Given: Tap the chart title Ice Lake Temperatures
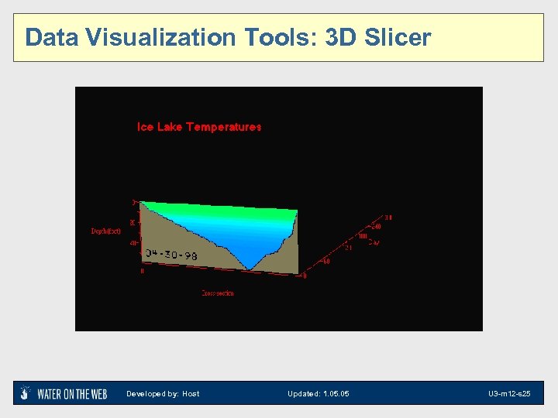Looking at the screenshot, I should pyautogui.click(x=199, y=127).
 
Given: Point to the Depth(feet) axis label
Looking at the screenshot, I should pyautogui.click(x=106, y=231).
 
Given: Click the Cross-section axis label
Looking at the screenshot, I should pyautogui.click(x=218, y=293).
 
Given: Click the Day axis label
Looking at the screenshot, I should pyautogui.click(x=374, y=242).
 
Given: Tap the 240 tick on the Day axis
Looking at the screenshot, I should pyautogui.click(x=376, y=227).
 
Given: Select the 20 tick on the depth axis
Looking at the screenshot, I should pyautogui.click(x=133, y=222).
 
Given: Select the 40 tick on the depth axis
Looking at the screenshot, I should pyautogui.click(x=133, y=243).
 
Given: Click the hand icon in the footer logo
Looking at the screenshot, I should pyautogui.click(x=26, y=392).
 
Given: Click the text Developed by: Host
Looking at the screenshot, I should pyautogui.click(x=163, y=394).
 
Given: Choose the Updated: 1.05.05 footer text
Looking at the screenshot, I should pyautogui.click(x=319, y=394).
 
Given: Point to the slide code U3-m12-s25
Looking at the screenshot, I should pyautogui.click(x=509, y=394).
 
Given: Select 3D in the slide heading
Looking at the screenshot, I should pyautogui.click(x=339, y=37).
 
